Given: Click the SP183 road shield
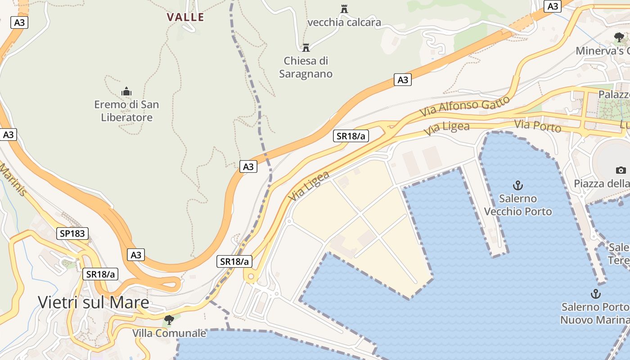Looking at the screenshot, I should click(72, 233).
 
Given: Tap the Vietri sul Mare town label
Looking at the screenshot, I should click(93, 302).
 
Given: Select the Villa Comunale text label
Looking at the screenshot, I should click(169, 333).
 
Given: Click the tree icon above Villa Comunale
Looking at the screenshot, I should click(169, 320).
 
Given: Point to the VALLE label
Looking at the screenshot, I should click(185, 17).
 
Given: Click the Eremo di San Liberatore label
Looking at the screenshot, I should click(126, 111).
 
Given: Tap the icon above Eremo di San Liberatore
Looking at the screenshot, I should click(126, 92).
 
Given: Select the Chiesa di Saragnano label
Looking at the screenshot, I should click(306, 67).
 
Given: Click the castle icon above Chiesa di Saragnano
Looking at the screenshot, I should click(306, 47).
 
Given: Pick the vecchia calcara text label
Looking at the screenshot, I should click(344, 22).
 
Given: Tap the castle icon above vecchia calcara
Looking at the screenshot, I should click(344, 9).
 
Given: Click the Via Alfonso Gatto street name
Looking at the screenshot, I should click(465, 106).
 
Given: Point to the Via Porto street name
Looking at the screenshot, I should click(538, 126).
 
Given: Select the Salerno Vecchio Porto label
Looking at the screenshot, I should click(517, 205).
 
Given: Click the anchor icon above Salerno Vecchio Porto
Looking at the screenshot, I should click(518, 185).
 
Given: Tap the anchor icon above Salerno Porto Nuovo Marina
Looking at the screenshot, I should click(595, 294).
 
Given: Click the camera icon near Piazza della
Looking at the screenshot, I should click(621, 170).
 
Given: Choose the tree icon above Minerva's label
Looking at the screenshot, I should click(619, 37).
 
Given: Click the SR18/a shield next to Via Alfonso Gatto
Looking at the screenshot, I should click(351, 136).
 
